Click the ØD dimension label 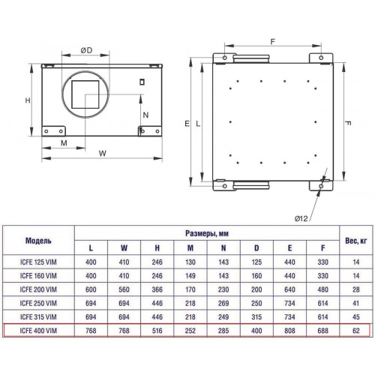86,50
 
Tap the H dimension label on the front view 28,100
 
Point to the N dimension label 145,115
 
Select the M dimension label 64,143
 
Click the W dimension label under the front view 103,153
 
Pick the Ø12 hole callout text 301,218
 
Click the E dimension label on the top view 187,124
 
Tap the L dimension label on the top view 198,124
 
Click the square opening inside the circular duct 85,94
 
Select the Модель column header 38,241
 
